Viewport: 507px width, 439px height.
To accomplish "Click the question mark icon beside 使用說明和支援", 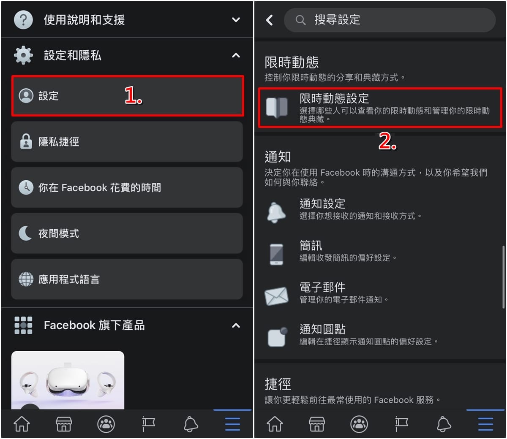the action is (23, 20).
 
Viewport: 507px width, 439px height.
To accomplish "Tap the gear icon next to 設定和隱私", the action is (23, 55).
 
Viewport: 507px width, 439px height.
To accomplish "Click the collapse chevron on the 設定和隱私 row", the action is (236, 55).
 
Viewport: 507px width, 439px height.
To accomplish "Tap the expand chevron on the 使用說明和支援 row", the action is (236, 19).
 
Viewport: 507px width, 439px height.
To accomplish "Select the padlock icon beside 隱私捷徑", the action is (26, 141).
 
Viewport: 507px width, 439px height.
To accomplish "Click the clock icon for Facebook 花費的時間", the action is (26, 187).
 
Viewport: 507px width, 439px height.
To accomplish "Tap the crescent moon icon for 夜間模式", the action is (25, 233).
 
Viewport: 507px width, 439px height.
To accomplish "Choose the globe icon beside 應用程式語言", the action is (26, 279).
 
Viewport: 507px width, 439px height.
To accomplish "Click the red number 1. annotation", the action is (133, 95).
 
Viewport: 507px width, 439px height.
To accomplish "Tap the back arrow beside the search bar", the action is (269, 20).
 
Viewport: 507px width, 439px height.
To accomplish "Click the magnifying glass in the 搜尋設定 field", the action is (300, 20).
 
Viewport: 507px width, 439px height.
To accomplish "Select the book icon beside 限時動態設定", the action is (277, 108).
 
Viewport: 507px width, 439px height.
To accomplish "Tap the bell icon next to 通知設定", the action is (276, 212).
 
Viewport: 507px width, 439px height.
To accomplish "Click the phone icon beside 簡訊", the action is (276, 255).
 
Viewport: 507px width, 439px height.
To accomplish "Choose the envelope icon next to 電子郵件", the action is (276, 296).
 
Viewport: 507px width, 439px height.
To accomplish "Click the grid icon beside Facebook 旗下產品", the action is (23, 325).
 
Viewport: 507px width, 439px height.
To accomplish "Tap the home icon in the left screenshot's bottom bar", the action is (22, 424).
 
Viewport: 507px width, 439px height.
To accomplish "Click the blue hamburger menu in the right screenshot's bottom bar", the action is (485, 424).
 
